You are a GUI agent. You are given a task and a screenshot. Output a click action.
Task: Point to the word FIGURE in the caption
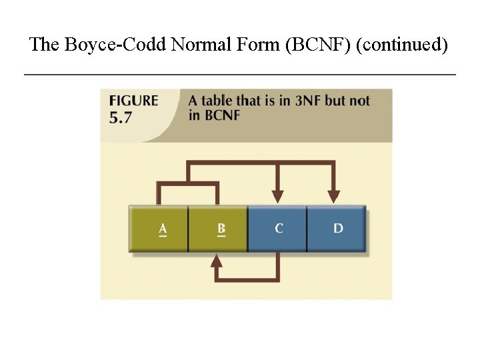click(x=133, y=101)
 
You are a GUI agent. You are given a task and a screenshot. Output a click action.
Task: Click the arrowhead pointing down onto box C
click(x=279, y=195)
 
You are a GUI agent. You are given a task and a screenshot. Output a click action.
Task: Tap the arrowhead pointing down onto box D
click(x=333, y=195)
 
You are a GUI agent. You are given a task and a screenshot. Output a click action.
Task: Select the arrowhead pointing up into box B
click(x=216, y=261)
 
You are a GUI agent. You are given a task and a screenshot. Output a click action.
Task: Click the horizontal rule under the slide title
click(x=240, y=74)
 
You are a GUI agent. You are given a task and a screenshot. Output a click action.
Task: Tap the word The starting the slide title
click(x=45, y=45)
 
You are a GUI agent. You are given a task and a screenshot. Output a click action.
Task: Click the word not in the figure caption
click(x=359, y=101)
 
